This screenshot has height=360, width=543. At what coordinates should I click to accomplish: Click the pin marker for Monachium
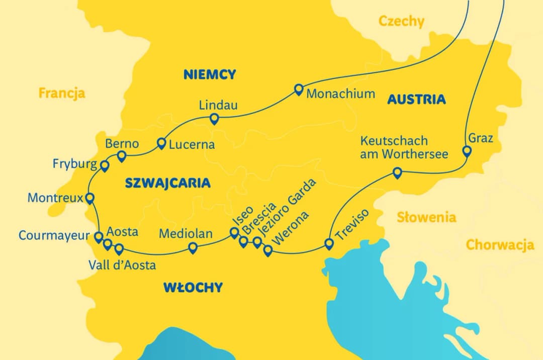pyautogui.click(x=299, y=89)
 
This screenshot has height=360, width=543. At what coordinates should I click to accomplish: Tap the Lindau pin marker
pyautogui.click(x=214, y=119)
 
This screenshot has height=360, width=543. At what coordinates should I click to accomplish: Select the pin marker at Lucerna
pyautogui.click(x=161, y=143)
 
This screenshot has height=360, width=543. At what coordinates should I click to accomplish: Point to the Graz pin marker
pyautogui.click(x=467, y=151)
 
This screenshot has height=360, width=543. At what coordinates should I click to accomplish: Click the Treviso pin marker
pyautogui.click(x=329, y=244)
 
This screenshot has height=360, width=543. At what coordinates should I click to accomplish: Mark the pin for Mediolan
pyautogui.click(x=193, y=247)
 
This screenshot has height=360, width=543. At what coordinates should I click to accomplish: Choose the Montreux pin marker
pyautogui.click(x=90, y=198)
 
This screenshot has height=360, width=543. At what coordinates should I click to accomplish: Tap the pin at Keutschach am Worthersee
pyautogui.click(x=397, y=173)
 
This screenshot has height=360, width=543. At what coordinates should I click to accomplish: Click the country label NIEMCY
pyautogui.click(x=210, y=75)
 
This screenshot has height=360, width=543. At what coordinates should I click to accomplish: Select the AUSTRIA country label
pyautogui.click(x=416, y=99)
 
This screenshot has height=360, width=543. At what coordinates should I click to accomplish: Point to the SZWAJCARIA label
pyautogui.click(x=167, y=183)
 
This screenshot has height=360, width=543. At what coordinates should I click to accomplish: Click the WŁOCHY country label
pyautogui.click(x=193, y=288)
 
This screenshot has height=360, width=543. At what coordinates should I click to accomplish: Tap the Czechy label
pyautogui.click(x=401, y=22)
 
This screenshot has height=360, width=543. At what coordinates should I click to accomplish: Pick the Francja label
pyautogui.click(x=62, y=93)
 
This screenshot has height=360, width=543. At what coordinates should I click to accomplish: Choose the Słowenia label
pyautogui.click(x=426, y=217)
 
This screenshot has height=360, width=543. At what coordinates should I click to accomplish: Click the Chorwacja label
pyautogui.click(x=500, y=245)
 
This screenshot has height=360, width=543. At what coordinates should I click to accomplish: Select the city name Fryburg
pyautogui.click(x=75, y=164)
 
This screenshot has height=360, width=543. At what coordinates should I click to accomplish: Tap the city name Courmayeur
pyautogui.click(x=54, y=235)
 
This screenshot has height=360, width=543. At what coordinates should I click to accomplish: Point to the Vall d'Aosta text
pyautogui.click(x=122, y=265)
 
